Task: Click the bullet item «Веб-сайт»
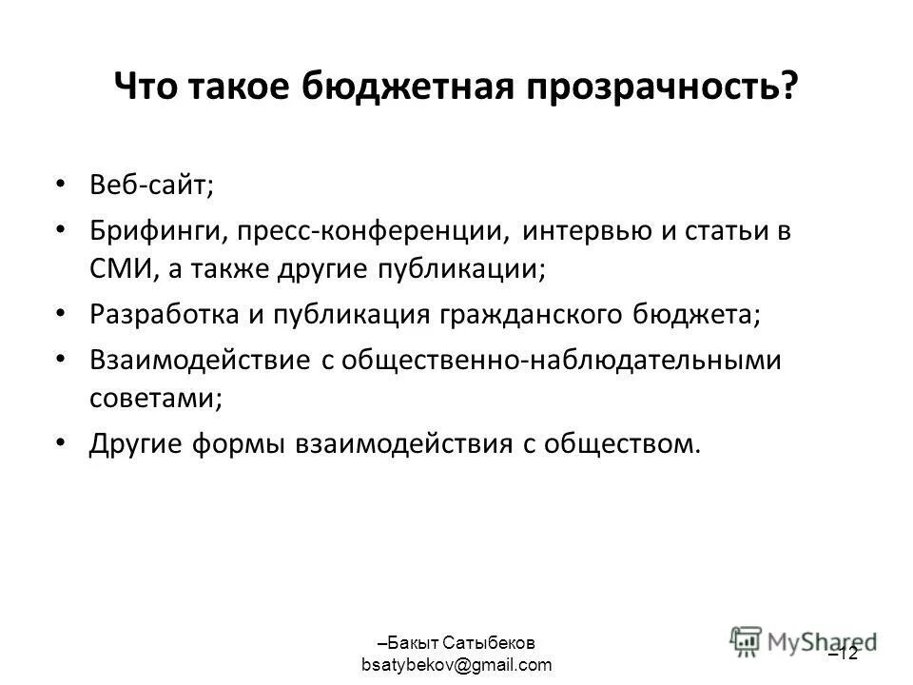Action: tap(152, 183)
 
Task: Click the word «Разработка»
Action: tap(164, 316)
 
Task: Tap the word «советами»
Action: tap(155, 399)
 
